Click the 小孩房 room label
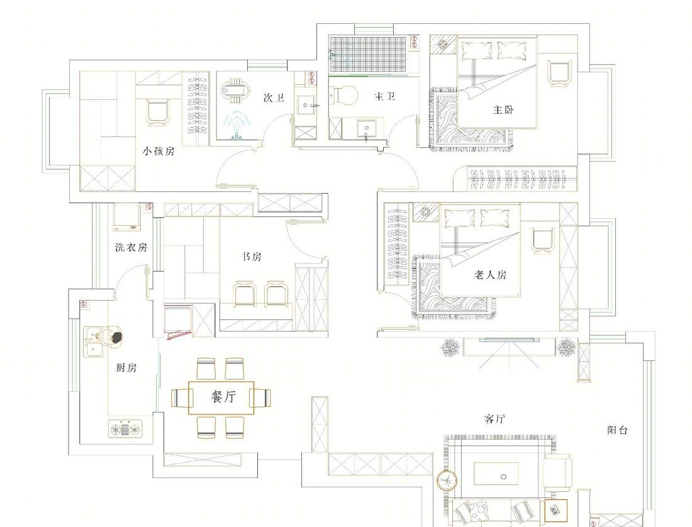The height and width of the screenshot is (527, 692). click(159, 152)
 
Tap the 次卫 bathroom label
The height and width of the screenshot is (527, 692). click(274, 98)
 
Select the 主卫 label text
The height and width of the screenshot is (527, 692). click(384, 96)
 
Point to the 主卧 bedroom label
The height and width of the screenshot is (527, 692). click(503, 109)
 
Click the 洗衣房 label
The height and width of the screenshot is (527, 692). click(131, 247)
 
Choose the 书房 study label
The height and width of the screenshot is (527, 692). click(252, 256)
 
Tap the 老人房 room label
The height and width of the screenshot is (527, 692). click(490, 275)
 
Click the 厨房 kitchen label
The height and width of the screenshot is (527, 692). click(126, 367)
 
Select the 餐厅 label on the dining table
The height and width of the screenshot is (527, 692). click(223, 397)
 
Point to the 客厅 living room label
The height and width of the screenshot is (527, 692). click(494, 418)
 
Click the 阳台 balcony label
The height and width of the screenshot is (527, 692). click(617, 430)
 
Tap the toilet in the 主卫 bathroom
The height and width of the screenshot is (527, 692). click(345, 95)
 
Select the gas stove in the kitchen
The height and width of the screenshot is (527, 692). click(125, 428)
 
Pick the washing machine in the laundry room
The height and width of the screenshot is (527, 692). click(126, 217)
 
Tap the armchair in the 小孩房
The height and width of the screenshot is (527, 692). click(157, 113)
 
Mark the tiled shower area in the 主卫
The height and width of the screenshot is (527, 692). click(367, 54)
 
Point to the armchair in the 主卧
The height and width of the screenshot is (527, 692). click(559, 73)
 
